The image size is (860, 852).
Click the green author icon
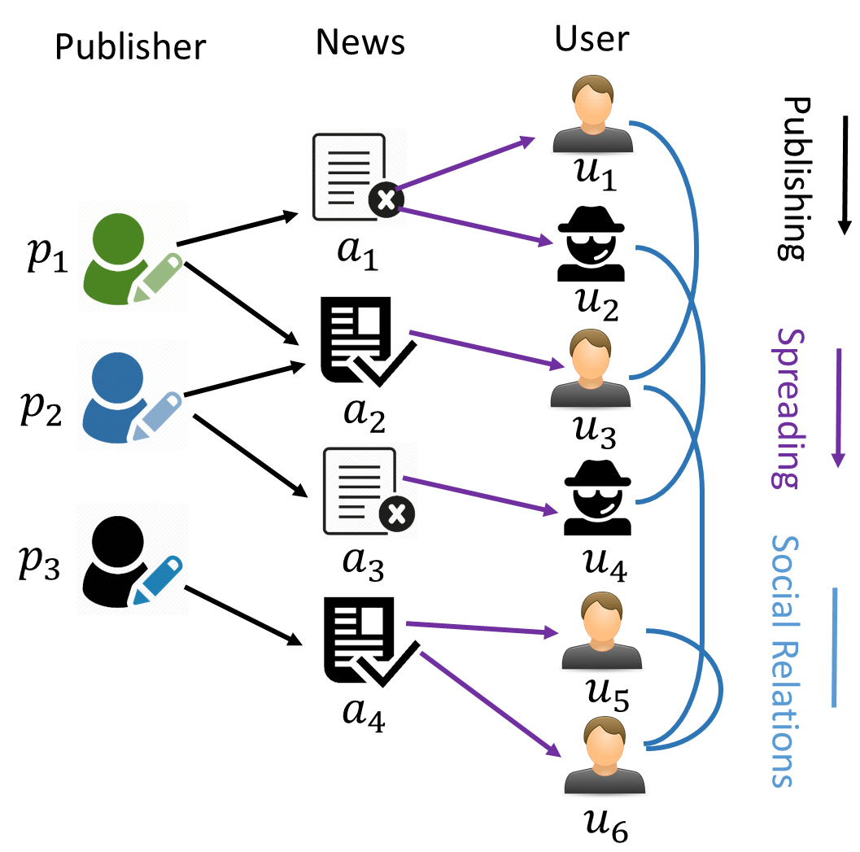[133, 256]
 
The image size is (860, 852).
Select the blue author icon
[133, 395]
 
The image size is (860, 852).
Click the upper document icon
[358, 177]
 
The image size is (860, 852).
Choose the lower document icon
[369, 491]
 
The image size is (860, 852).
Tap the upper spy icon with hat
[591, 243]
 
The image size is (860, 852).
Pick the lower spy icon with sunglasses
[597, 497]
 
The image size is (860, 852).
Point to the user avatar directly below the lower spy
[602, 631]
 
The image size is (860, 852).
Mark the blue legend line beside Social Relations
[834, 647]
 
